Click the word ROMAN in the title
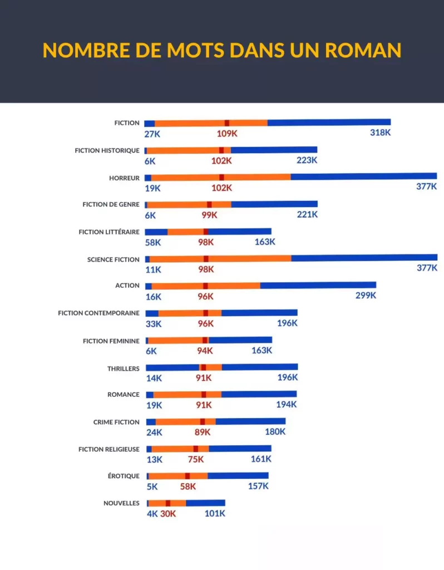(x=363, y=50)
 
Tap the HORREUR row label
(x=124, y=178)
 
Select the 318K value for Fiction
(x=381, y=132)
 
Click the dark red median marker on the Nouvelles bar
(x=168, y=503)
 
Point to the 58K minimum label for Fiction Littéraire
(x=153, y=243)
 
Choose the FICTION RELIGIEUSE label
(x=109, y=449)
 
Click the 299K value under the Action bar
(x=366, y=296)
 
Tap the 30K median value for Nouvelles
(x=168, y=514)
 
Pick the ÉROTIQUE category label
(x=124, y=476)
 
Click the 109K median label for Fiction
(x=227, y=134)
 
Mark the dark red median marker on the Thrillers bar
(x=204, y=367)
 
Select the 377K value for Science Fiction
(x=427, y=268)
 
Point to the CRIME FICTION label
(x=116, y=422)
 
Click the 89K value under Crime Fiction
(x=203, y=432)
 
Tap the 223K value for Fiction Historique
(x=307, y=160)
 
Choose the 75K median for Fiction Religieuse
(x=196, y=459)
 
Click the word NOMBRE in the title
(x=86, y=50)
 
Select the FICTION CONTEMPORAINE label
(x=99, y=313)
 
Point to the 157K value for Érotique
(x=258, y=486)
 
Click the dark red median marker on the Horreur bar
(x=221, y=178)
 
